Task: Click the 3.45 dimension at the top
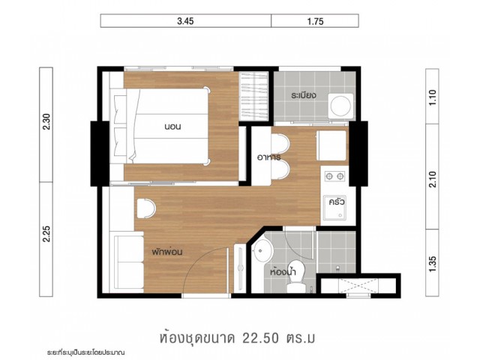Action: pos(185,21)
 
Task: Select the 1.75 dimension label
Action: pos(315,21)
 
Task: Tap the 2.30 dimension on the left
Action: pos(46,121)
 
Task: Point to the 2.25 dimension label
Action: pos(46,234)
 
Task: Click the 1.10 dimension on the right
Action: pos(432,97)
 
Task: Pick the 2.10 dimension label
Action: pos(432,179)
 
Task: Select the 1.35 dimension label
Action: pos(432,264)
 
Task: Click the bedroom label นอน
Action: pos(172,127)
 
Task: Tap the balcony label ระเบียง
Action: pos(303,95)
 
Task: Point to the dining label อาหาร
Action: pos(269,157)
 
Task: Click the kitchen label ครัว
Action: pos(337,202)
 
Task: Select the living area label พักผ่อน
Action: pos(167,252)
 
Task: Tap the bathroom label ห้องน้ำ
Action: pos(283,271)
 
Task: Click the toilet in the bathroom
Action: pos(296,277)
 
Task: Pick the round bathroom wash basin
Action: pos(262,251)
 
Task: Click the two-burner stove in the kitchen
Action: pos(334,176)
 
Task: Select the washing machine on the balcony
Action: pos(340,106)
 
